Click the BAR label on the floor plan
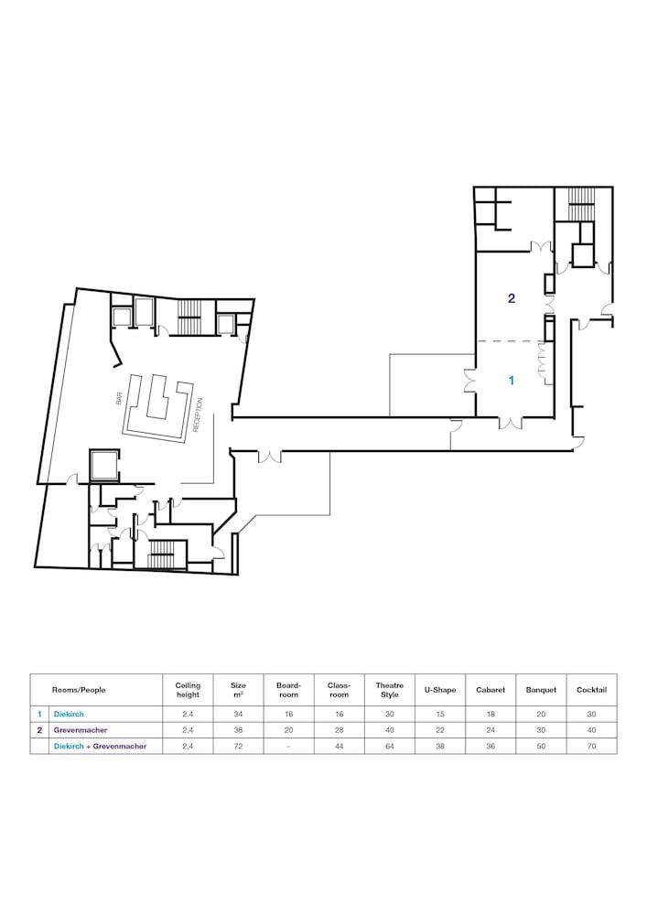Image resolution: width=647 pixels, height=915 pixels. pos(119,399)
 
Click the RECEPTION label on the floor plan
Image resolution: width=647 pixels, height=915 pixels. pos(197,414)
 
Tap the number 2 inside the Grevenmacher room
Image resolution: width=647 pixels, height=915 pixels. pos(511,298)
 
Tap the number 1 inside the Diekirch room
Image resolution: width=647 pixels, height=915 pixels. pos(512,381)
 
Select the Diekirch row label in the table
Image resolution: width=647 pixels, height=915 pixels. pos(69,714)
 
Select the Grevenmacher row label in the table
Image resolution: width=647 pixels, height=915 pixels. pos(81,730)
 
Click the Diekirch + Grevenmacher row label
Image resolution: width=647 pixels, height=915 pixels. pos(100,747)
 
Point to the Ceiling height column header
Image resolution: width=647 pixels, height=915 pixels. pos(188,690)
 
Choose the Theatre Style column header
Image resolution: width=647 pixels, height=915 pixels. pos(390,690)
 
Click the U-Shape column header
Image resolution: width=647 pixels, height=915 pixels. pos(440,690)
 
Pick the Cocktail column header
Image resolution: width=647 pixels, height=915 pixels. pos(591,690)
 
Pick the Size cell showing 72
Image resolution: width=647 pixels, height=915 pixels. pos(238,747)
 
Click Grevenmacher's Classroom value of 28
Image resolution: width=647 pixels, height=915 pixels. pos(339,730)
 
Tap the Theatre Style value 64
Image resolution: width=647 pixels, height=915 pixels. pos(390,747)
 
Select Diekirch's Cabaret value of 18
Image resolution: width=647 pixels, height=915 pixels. pos(491,714)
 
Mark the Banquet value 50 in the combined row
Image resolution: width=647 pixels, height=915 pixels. pos(541,747)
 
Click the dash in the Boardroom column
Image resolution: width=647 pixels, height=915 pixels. pos(289,747)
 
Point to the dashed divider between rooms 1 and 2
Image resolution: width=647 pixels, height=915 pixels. pos(511,340)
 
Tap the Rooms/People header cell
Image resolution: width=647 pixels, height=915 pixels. pos(79,690)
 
